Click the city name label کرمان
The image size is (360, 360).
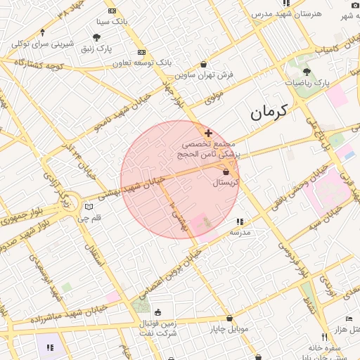269,111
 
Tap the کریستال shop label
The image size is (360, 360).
226,182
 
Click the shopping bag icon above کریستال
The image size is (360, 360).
226,172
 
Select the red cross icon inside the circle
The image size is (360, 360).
208,132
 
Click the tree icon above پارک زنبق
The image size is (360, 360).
96,37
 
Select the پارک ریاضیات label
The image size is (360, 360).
307,82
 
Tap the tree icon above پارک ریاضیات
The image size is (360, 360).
306,72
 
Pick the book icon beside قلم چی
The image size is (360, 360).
89,207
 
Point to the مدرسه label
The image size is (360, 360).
240,231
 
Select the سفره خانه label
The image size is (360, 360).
324,347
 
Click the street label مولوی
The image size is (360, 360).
214,97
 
